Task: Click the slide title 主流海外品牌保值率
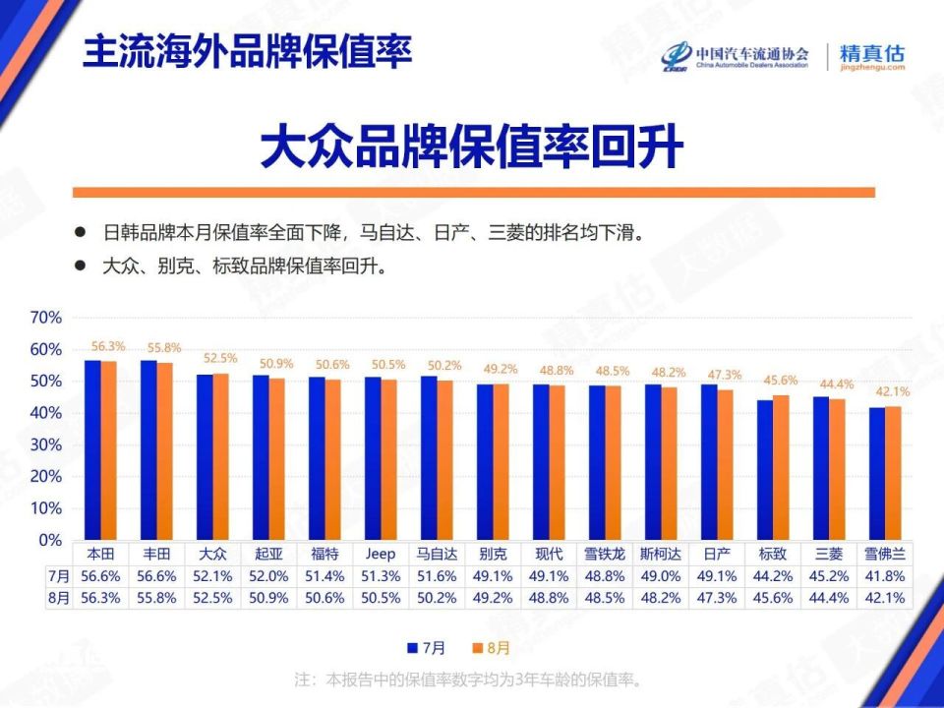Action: [x=247, y=51]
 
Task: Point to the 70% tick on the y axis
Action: [x=46, y=318]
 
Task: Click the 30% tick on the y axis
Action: [x=46, y=444]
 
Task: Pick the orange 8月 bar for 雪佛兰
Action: [x=893, y=473]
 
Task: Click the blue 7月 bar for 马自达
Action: [x=429, y=457]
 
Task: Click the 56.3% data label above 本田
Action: [x=108, y=346]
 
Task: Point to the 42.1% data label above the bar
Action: [x=893, y=391]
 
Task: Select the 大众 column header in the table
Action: [x=212, y=555]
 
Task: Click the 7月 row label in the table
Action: [x=59, y=575]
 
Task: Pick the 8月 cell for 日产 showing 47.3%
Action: [x=717, y=597]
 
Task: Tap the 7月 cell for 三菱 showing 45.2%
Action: [x=828, y=575]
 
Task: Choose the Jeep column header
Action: [x=381, y=555]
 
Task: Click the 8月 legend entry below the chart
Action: [x=492, y=648]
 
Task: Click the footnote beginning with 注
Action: [x=471, y=679]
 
